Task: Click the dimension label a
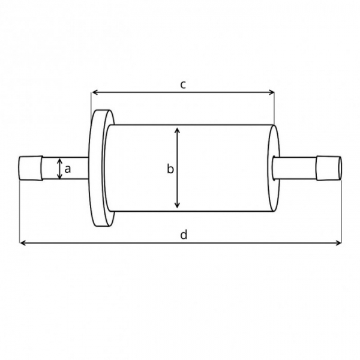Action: pos(67,169)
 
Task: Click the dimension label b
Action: pos(170,169)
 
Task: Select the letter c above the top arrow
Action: pos(183,85)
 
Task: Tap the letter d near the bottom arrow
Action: pos(184,235)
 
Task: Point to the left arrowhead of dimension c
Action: pos(95,92)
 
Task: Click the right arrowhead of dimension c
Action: pos(271,92)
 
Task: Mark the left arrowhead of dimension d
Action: pos(23,242)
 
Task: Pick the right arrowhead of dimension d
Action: pos(338,242)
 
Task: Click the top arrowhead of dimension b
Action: pos(177,131)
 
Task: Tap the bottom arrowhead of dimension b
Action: pos(177,205)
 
